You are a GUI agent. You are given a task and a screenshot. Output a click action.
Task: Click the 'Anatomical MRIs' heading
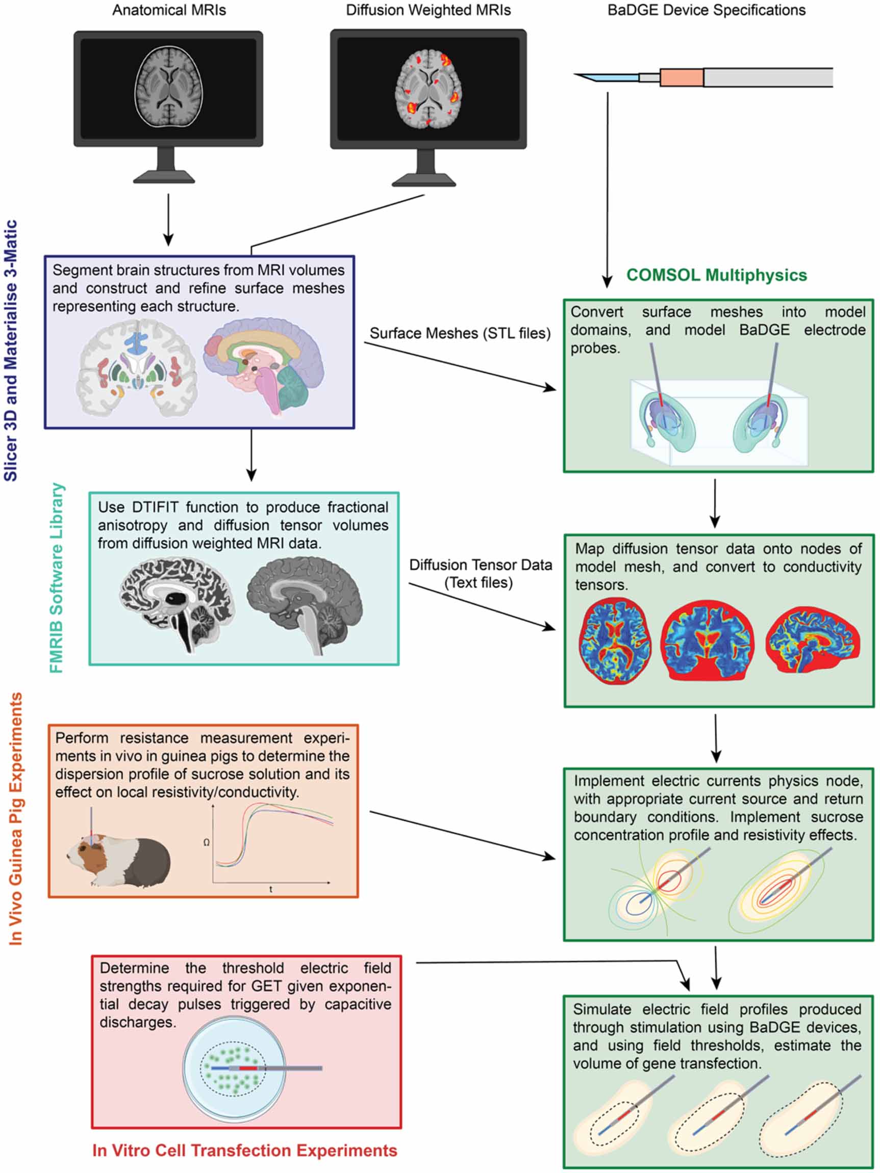(x=169, y=10)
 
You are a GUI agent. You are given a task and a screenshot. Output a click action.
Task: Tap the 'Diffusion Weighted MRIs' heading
(x=429, y=10)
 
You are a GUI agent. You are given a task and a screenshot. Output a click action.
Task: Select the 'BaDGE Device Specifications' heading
(x=707, y=10)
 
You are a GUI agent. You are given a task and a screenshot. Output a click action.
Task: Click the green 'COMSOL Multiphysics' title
(x=717, y=275)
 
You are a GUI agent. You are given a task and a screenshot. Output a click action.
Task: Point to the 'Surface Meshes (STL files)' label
(x=460, y=333)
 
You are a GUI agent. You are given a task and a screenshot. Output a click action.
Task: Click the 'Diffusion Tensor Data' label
(x=481, y=565)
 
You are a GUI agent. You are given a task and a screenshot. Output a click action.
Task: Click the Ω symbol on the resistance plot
(x=206, y=842)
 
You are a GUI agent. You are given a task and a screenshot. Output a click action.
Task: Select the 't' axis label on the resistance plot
(x=271, y=889)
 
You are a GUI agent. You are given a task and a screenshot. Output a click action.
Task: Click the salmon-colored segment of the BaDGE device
(x=682, y=77)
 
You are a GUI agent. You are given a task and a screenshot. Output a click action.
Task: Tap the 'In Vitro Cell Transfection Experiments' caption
(x=245, y=1150)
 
